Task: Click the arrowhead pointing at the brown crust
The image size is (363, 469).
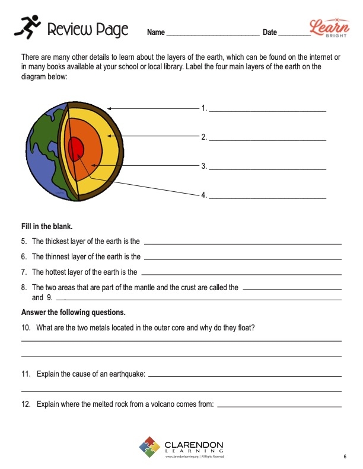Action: click(x=110, y=109)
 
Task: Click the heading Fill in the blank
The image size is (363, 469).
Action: click(x=47, y=226)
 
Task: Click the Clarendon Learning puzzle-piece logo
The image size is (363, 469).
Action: click(x=149, y=448)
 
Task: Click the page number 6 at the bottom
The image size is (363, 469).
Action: click(x=345, y=457)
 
